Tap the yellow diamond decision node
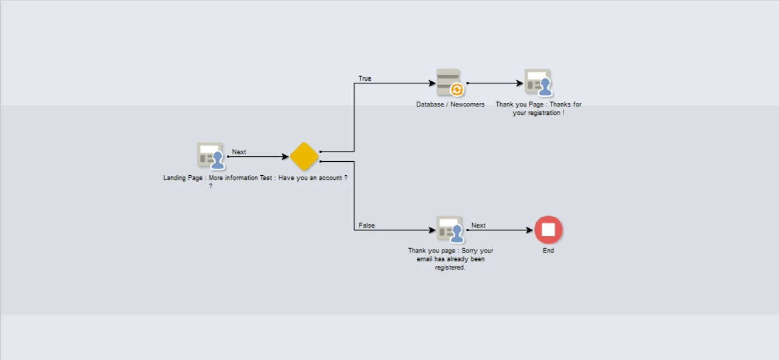[304, 156]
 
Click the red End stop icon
[548, 230]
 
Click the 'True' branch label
[365, 78]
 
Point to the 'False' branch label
[367, 225]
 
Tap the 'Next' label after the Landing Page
[239, 152]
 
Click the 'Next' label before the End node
[478, 225]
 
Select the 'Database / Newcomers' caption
[450, 105]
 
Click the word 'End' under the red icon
[548, 251]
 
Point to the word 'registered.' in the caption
[450, 268]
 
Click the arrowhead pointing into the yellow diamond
[285, 157]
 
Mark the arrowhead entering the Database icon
[432, 83]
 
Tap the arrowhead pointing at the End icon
[529, 230]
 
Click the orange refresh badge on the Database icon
[457, 90]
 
